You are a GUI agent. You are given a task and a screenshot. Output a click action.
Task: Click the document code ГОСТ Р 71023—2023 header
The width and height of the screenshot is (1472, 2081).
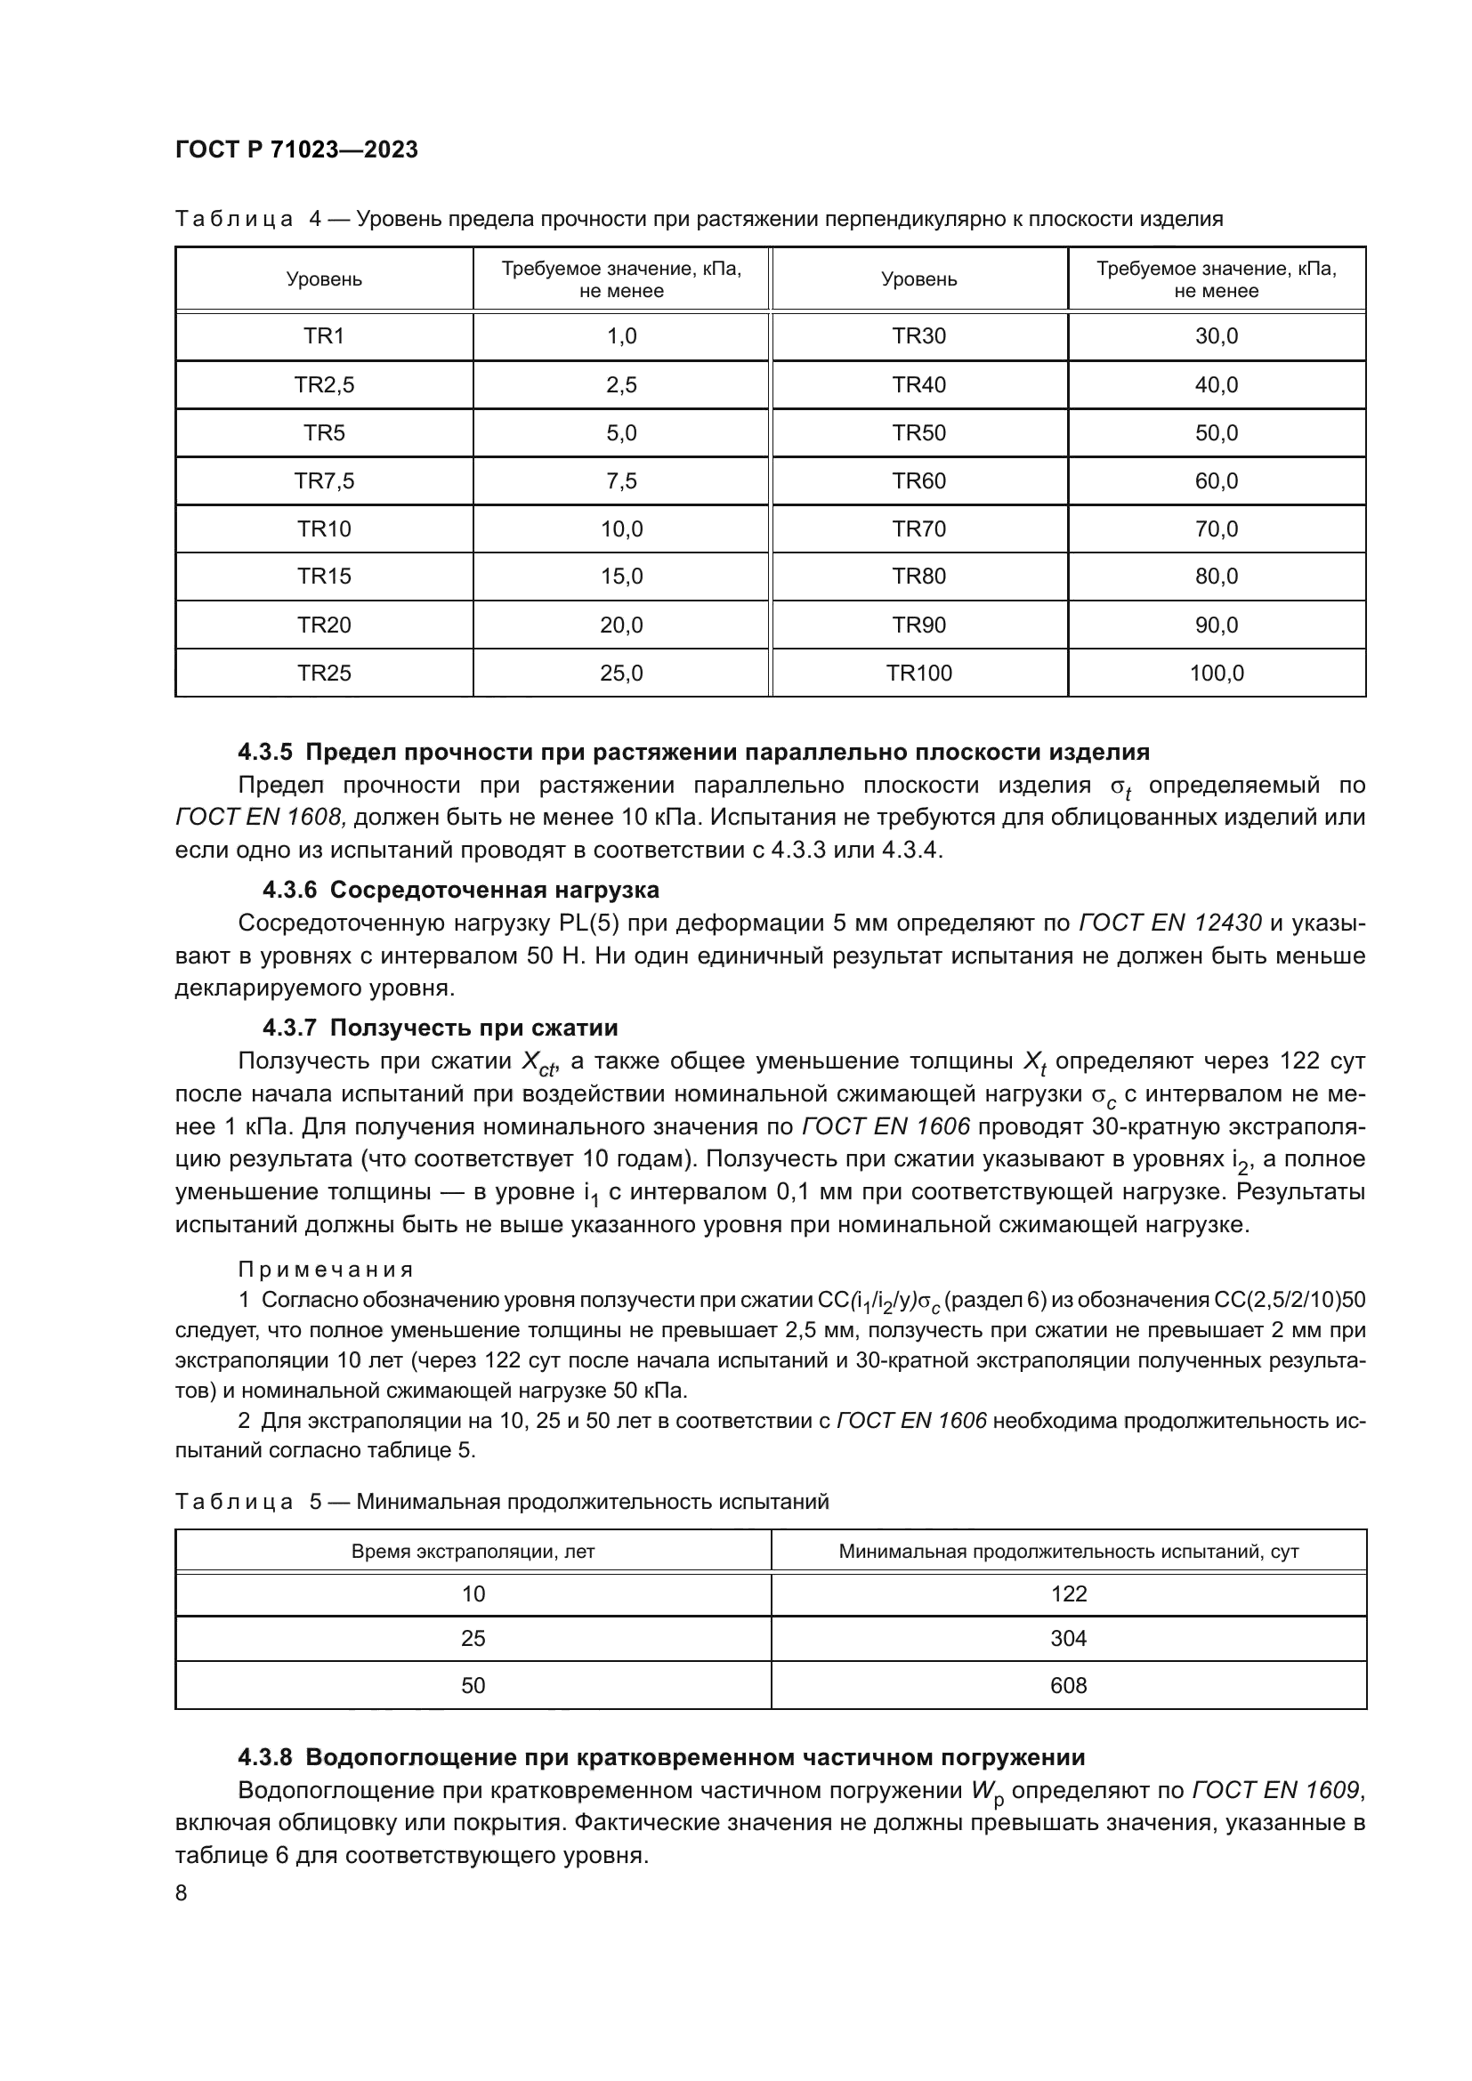point(296,150)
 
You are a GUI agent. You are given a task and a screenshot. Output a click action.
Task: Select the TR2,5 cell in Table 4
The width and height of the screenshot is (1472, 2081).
point(324,385)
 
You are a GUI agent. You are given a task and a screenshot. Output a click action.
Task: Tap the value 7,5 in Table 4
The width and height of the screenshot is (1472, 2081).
point(621,481)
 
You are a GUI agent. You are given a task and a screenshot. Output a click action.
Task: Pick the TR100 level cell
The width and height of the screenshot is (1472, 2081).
point(918,674)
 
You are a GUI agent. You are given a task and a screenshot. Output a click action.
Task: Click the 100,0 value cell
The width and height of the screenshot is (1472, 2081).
point(1217,674)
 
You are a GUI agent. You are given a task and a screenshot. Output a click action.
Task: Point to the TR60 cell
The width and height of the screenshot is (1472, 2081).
point(918,481)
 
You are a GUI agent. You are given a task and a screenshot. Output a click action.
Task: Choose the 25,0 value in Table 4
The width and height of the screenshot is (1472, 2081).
point(621,674)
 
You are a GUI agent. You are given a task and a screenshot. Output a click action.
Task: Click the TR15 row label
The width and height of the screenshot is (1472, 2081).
point(324,577)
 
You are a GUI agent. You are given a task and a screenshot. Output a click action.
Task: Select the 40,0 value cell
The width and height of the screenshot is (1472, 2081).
point(1217,385)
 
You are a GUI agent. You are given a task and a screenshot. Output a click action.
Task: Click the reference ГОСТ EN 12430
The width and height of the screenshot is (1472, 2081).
point(1169,924)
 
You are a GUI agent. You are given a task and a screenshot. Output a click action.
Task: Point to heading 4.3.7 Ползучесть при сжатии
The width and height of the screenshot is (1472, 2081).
point(441,1028)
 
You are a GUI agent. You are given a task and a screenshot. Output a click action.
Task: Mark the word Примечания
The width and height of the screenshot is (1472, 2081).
point(326,1270)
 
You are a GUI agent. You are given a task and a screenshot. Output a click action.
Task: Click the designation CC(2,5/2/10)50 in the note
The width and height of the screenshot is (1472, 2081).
point(1289,1300)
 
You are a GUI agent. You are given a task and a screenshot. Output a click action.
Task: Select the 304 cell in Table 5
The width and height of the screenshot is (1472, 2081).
point(1068,1639)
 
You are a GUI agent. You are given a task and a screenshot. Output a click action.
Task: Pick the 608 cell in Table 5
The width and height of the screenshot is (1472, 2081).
point(1068,1686)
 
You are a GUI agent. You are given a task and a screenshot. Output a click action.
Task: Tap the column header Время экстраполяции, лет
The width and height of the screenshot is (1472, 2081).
point(473,1552)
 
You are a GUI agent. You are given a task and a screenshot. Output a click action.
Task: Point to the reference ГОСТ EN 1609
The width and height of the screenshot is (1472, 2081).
point(1276,1790)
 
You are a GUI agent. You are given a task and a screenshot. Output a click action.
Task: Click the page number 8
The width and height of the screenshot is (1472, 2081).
point(182,1893)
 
